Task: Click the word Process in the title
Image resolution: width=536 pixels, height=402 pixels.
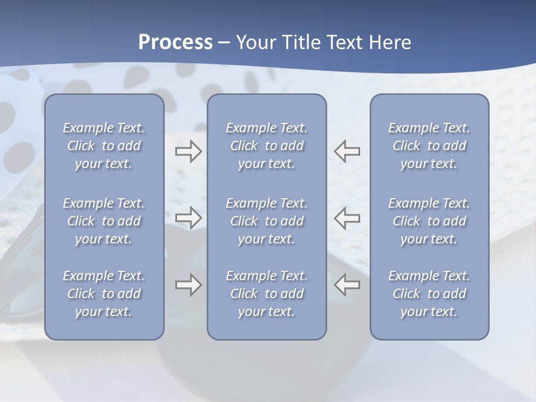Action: pos(175,42)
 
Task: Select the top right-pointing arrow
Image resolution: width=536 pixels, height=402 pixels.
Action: pos(188,151)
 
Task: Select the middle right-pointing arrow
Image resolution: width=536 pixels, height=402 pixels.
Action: pos(188,218)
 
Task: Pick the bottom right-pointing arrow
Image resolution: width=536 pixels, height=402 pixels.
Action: pos(188,285)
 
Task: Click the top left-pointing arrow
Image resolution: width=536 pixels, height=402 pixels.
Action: pos(347,151)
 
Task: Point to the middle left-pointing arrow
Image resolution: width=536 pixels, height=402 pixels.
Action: pos(347,218)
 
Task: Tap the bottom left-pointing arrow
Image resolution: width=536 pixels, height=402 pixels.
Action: pos(347,285)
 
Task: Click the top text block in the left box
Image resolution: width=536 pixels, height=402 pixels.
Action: pos(104,146)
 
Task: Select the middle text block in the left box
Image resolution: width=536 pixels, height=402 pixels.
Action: pos(104,221)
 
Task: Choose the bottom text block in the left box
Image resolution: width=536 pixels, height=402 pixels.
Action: pos(104,294)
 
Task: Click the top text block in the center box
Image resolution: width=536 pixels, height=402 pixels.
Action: pos(267,146)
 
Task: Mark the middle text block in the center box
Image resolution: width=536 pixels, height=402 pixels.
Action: pos(267,221)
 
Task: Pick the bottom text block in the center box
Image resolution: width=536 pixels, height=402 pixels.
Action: pos(267,294)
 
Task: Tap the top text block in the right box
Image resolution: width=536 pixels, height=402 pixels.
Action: pos(429,146)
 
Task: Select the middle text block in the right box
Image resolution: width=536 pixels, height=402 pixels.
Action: pos(429,221)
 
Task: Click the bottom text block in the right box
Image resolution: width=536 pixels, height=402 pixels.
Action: pos(429,294)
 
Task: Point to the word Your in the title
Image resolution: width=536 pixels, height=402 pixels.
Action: pos(256,42)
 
